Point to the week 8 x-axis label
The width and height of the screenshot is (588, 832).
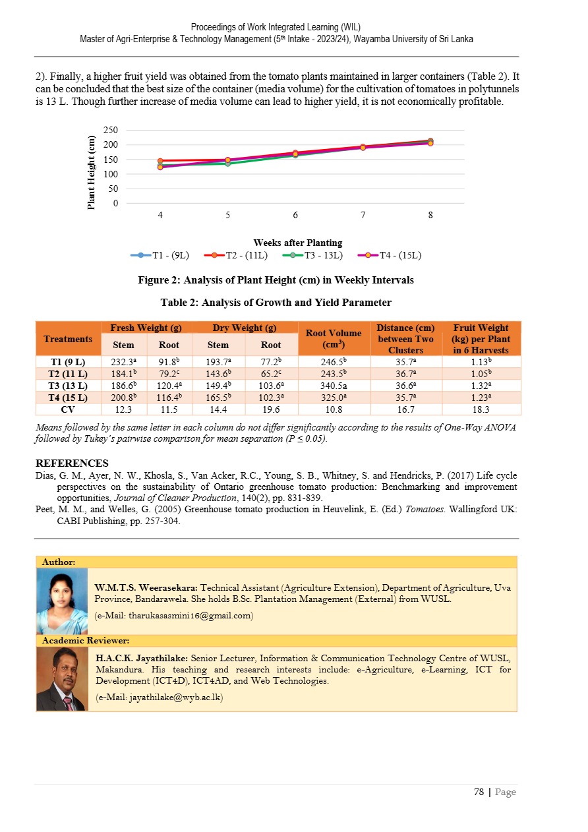[430, 215]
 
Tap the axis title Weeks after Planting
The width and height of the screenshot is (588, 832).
[298, 243]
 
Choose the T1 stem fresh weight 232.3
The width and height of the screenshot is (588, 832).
[123, 361]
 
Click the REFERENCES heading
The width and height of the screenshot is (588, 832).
[72, 463]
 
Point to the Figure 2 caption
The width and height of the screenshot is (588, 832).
[276, 280]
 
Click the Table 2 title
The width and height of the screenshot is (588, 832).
[276, 303]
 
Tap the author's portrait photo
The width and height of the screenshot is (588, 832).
[62, 601]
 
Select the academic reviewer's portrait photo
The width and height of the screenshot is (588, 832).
[62, 678]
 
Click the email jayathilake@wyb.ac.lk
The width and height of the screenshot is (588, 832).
[160, 697]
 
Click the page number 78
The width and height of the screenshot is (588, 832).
[479, 792]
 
